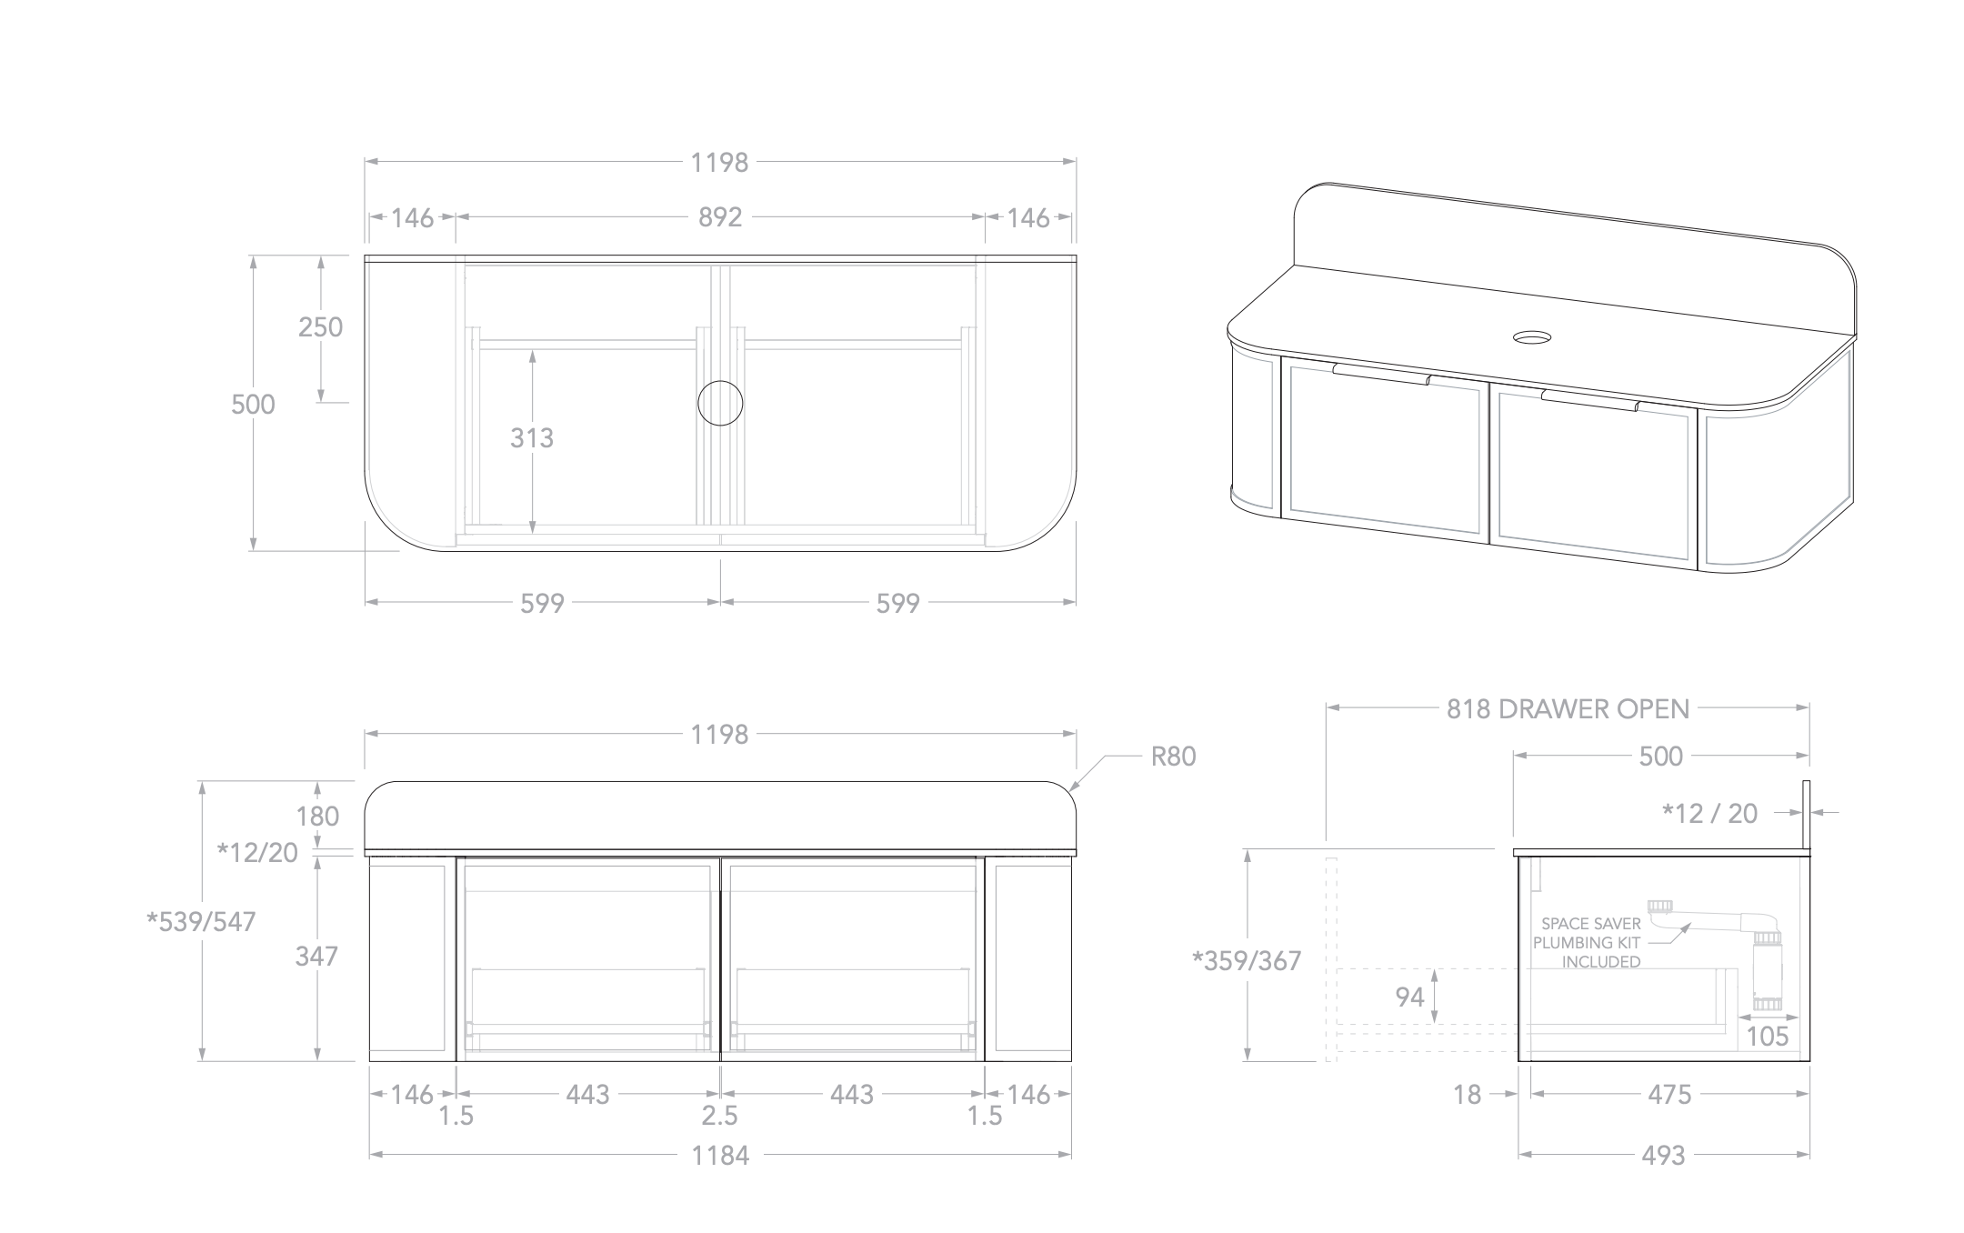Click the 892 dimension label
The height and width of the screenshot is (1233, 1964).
(x=720, y=217)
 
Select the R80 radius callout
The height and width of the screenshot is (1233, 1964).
(x=1173, y=757)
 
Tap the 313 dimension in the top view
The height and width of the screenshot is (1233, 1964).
(x=532, y=438)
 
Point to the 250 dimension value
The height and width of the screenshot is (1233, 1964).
(x=321, y=327)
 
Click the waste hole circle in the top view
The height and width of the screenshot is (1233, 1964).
(x=720, y=404)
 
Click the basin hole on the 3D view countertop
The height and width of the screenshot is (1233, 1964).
(x=1533, y=338)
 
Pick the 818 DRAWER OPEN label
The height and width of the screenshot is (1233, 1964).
(x=1568, y=709)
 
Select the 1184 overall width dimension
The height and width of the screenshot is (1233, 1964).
(x=720, y=1156)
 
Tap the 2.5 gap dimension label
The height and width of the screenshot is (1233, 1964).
(x=719, y=1116)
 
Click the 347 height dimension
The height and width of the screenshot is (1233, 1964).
(x=316, y=957)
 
